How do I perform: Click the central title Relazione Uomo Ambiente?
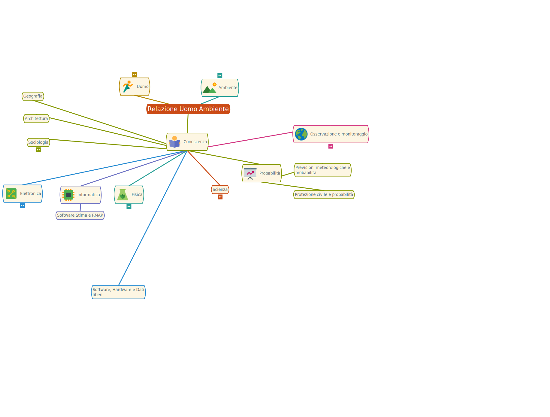click(x=188, y=109)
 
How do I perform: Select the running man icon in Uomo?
click(x=128, y=87)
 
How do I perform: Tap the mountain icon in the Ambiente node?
click(x=210, y=88)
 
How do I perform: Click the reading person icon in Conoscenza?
click(x=174, y=142)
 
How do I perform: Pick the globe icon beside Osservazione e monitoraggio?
click(x=301, y=134)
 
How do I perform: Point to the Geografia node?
click(x=33, y=96)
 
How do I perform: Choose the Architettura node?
click(x=36, y=119)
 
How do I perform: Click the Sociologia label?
click(x=38, y=142)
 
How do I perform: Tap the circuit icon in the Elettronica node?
click(x=11, y=194)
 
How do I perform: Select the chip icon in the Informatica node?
click(x=68, y=195)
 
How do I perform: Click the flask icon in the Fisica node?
click(x=122, y=195)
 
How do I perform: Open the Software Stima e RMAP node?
click(x=80, y=215)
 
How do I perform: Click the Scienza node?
click(x=220, y=190)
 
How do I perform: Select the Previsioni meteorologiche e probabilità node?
click(x=323, y=170)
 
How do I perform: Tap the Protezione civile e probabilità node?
click(x=324, y=195)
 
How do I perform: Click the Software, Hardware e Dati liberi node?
click(x=118, y=292)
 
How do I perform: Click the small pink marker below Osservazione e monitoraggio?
click(x=331, y=146)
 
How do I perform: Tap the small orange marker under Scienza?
click(x=220, y=197)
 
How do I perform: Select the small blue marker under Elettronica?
click(x=23, y=206)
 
